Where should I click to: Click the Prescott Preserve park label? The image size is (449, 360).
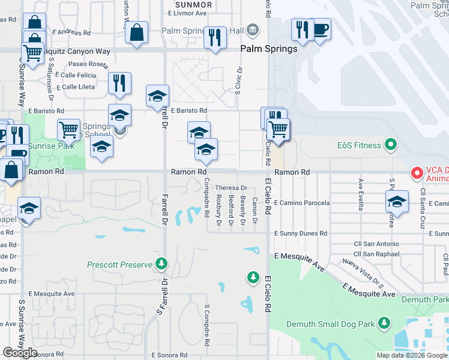click(120, 264)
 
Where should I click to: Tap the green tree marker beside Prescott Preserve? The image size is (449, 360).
click(161, 263)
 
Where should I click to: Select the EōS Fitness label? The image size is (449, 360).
click(359, 145)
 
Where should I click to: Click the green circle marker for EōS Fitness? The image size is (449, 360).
click(391, 145)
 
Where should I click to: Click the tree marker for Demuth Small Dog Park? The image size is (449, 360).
click(384, 324)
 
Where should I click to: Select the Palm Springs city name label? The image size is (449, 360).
click(269, 49)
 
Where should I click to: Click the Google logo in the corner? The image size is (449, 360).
click(20, 353)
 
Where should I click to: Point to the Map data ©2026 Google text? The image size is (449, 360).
click(411, 355)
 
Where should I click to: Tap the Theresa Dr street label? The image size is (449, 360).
click(231, 188)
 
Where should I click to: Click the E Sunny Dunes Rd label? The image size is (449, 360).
click(300, 233)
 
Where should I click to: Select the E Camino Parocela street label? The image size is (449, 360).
click(302, 203)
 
